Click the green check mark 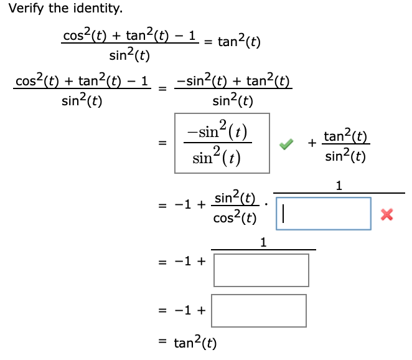click(x=286, y=144)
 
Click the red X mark click(x=387, y=215)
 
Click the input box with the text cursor click(x=324, y=214)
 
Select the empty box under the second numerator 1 click(x=261, y=270)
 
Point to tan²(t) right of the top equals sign click(x=239, y=42)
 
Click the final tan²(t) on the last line click(x=195, y=343)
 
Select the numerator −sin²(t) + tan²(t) click(x=233, y=81)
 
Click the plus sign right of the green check click(x=311, y=144)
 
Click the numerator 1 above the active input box click(x=339, y=185)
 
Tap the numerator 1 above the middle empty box click(x=263, y=242)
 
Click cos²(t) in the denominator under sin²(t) click(x=234, y=219)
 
